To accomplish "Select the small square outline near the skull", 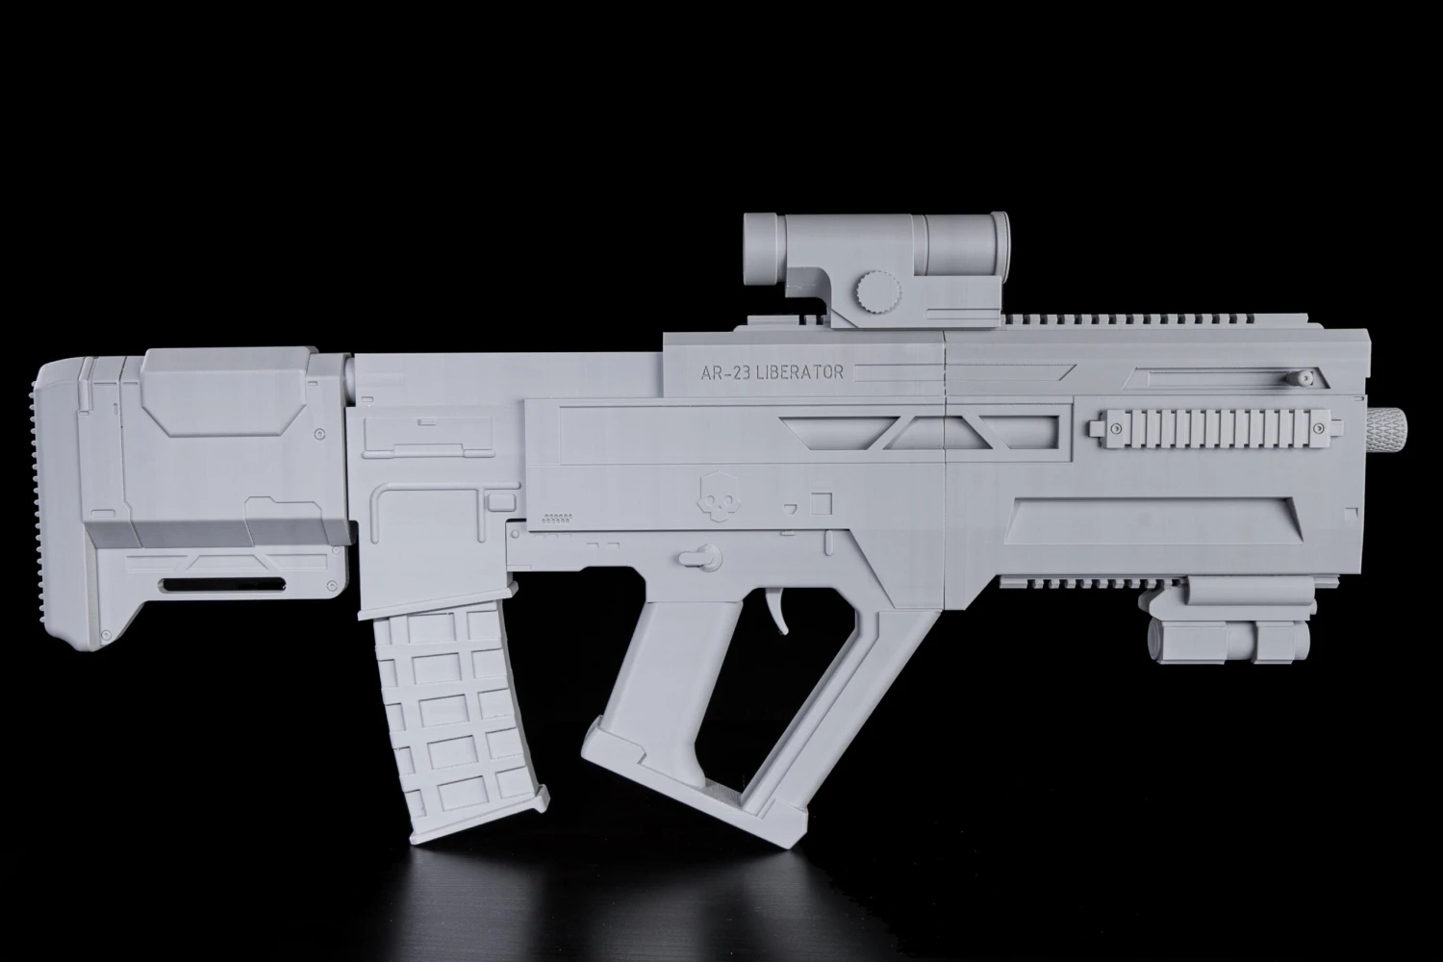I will point(821,502).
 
